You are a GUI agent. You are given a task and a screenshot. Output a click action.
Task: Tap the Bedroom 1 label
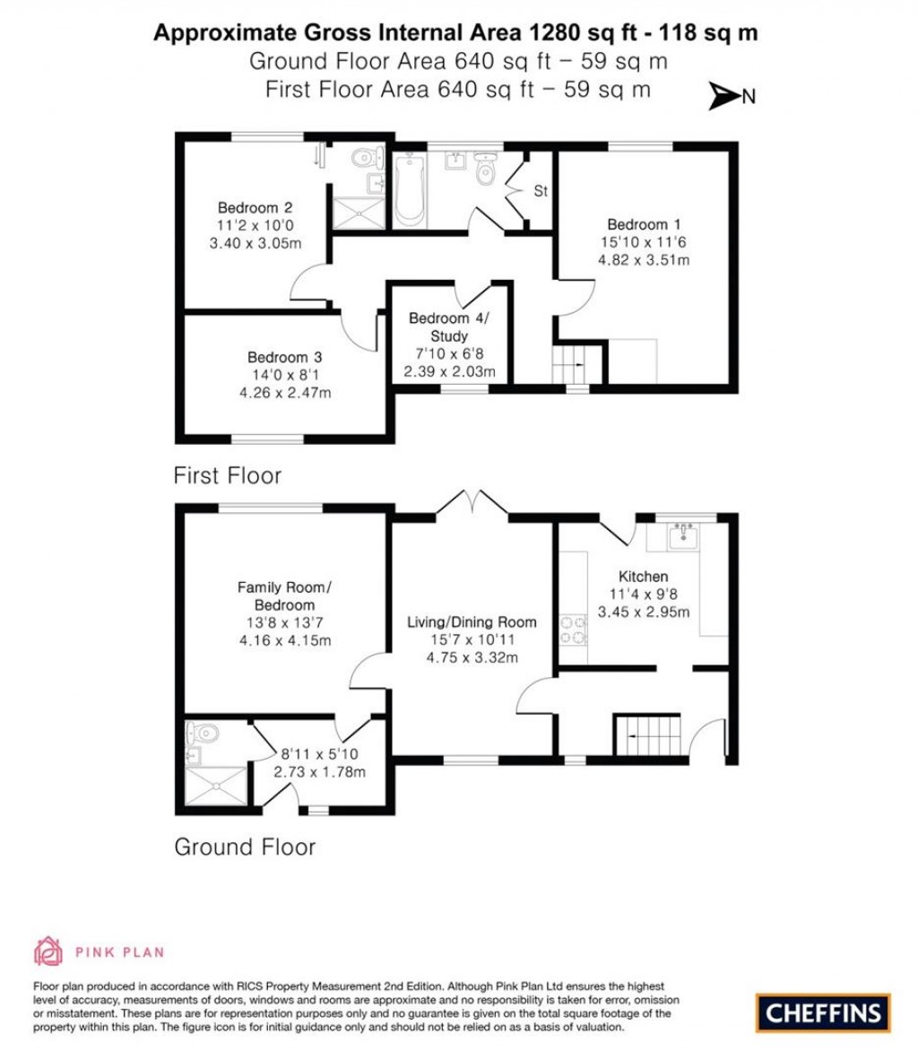[x=637, y=224]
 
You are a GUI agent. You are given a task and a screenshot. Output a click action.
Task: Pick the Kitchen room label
[x=643, y=577]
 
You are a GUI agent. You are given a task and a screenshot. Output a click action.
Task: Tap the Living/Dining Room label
[x=472, y=621]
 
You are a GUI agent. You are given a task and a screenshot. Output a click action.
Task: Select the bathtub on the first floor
[x=410, y=189]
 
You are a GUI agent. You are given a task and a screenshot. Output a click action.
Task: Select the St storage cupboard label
[x=541, y=191]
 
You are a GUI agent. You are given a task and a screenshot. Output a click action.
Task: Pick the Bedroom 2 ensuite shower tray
[x=358, y=213]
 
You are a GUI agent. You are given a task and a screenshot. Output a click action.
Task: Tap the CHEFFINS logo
[x=823, y=1013]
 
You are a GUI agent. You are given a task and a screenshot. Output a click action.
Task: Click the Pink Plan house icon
[x=48, y=951]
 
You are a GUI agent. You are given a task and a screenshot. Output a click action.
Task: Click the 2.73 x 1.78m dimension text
[x=319, y=772]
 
